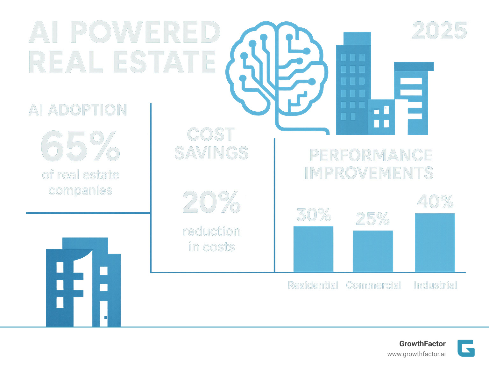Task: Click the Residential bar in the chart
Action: click(x=313, y=249)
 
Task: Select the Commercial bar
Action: click(x=373, y=251)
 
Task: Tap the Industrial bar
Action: click(x=435, y=243)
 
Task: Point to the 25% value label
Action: click(x=373, y=219)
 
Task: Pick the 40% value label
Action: click(x=435, y=202)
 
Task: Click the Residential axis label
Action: click(x=313, y=285)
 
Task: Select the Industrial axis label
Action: click(x=435, y=285)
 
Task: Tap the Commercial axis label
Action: click(x=374, y=285)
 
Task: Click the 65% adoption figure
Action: click(x=80, y=146)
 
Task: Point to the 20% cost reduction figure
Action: click(x=211, y=202)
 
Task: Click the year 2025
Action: click(x=440, y=31)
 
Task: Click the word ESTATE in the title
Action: click(x=164, y=62)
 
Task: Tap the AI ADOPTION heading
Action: click(x=78, y=110)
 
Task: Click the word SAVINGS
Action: click(x=211, y=153)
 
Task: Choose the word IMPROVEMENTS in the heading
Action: click(x=369, y=173)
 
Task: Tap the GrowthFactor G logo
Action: click(x=466, y=348)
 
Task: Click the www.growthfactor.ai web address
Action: click(x=416, y=354)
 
